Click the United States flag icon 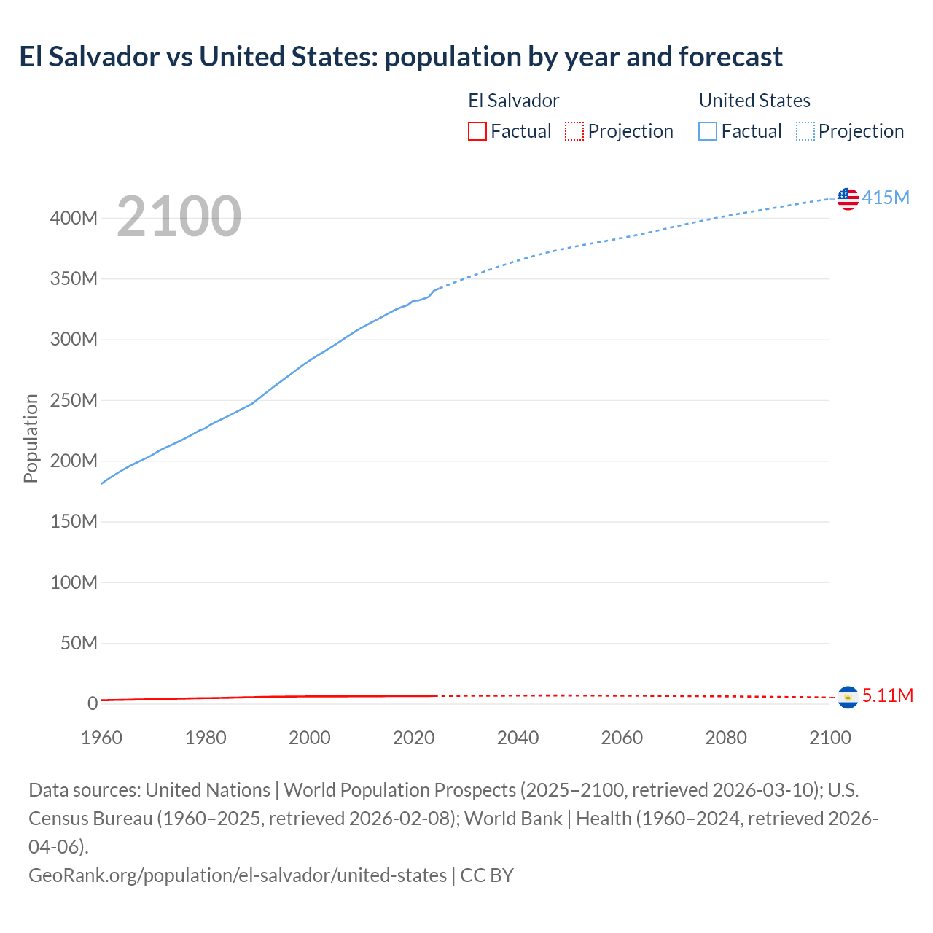tap(848, 198)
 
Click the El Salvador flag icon tap(848, 698)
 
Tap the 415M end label tap(886, 198)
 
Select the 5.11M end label tap(887, 695)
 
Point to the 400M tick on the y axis tap(74, 218)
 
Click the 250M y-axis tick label tap(74, 400)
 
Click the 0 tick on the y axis tap(93, 703)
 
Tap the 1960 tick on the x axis tap(101, 738)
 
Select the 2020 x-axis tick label tap(414, 738)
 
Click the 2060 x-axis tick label tap(622, 738)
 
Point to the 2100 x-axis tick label tap(830, 738)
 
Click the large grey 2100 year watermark tap(179, 216)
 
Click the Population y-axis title tap(31, 438)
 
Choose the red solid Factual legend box tap(477, 131)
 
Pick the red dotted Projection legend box tap(574, 131)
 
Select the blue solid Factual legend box tap(708, 131)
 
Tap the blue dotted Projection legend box tap(805, 131)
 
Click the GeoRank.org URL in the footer tap(238, 875)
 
